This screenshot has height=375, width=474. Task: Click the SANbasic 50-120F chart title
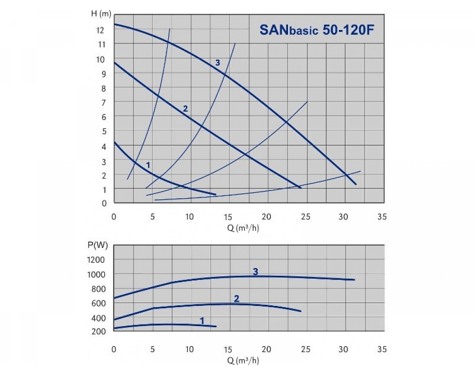(316, 30)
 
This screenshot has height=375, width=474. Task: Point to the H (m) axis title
(101, 14)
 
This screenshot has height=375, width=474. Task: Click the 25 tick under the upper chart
(306, 217)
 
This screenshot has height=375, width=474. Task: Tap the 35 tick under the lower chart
(382, 349)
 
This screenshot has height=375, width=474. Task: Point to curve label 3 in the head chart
(217, 62)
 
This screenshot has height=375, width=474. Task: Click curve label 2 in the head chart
(185, 109)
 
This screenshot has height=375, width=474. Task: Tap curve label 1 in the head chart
(148, 165)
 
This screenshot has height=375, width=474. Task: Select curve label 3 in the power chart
(256, 272)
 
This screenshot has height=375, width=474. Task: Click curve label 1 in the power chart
(202, 321)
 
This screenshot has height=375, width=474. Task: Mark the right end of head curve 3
(356, 184)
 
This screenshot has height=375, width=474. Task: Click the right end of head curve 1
(216, 194)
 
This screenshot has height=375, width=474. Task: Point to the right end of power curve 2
(301, 311)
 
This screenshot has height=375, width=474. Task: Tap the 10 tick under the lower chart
(190, 349)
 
